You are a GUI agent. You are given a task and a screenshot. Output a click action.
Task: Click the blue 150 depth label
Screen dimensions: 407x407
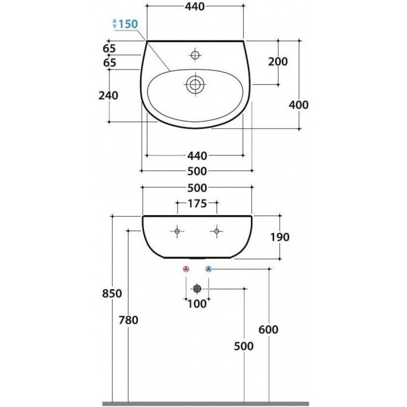pyautogui.click(x=128, y=24)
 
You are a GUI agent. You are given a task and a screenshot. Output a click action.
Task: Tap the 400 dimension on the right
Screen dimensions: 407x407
pyautogui.click(x=299, y=105)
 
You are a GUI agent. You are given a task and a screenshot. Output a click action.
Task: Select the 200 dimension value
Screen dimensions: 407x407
pyautogui.click(x=278, y=62)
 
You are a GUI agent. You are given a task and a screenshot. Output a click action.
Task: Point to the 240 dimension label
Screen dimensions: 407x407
pyautogui.click(x=108, y=96)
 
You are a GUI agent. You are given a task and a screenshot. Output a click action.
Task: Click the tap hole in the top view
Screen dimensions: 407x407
pyautogui.click(x=195, y=55)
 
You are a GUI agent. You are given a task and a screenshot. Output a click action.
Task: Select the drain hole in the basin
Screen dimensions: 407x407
pyautogui.click(x=195, y=84)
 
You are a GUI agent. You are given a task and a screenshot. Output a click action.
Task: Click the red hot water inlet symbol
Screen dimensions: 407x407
pyautogui.click(x=186, y=269)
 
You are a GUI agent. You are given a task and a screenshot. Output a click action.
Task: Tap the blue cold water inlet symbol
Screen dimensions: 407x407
pyautogui.click(x=209, y=269)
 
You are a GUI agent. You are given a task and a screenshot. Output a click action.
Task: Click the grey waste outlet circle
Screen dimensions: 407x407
pyautogui.click(x=197, y=288)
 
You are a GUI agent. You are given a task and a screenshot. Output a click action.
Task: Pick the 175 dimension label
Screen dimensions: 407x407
pyautogui.click(x=197, y=204)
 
